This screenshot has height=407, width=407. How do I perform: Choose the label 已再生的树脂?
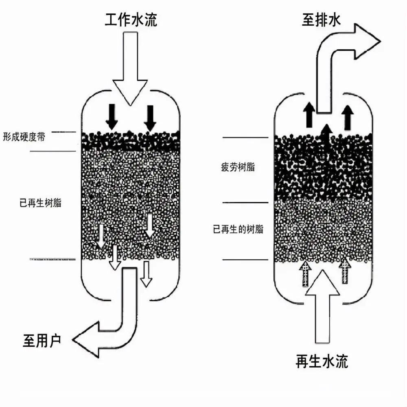[x=238, y=230]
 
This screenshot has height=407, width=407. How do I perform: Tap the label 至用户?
[x=42, y=340]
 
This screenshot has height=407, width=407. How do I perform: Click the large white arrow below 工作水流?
[x=130, y=73]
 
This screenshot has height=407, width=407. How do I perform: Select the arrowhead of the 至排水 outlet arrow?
[x=366, y=41]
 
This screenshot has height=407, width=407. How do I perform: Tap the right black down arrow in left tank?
[x=150, y=117]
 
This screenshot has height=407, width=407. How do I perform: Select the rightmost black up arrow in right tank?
[x=347, y=116]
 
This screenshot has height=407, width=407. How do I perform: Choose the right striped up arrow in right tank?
[x=344, y=271]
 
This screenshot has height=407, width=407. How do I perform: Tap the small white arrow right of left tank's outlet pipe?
[x=146, y=274]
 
